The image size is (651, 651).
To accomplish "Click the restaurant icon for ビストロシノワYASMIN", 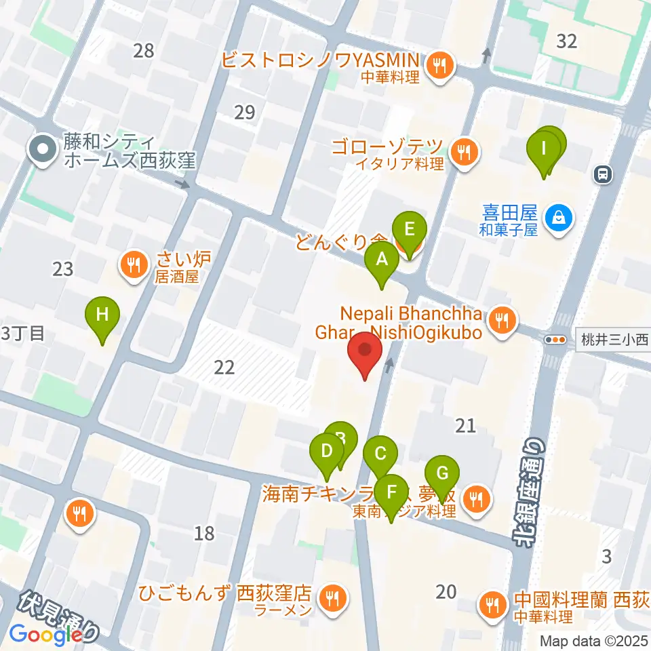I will [440, 66].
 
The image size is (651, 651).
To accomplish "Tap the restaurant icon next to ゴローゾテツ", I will [463, 152].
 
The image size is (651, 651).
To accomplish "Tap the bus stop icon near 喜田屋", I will [601, 175].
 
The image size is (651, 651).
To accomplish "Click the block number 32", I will [566, 41].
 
